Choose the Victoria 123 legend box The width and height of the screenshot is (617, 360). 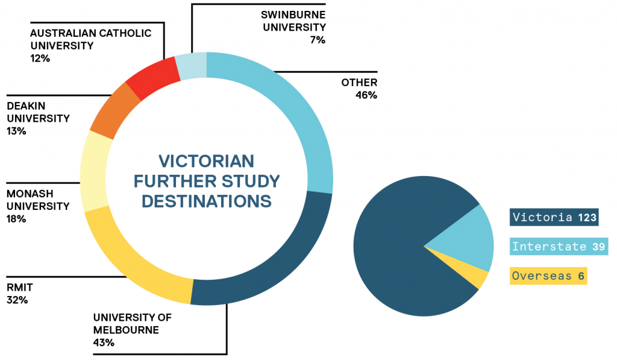[x=554, y=217]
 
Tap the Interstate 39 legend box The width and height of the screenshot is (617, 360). [x=559, y=246]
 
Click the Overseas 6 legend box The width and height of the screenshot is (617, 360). [x=548, y=276]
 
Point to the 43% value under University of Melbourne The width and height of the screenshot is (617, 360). [x=104, y=343]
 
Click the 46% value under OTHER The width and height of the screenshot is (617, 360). [x=366, y=95]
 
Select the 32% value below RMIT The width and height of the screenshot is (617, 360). [x=17, y=300]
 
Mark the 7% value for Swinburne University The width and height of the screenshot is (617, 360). [x=318, y=40]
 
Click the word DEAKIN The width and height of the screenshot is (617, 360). [x=26, y=106]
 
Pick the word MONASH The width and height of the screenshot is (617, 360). [x=30, y=194]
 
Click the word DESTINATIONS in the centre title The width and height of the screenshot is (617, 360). [x=207, y=201]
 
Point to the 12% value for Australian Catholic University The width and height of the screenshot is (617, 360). [x=40, y=58]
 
